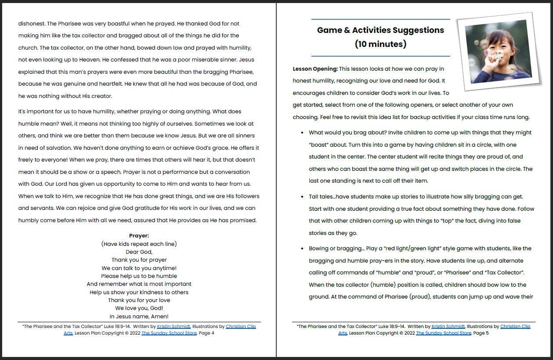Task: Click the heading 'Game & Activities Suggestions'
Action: click(380, 30)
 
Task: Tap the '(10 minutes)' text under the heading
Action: click(380, 44)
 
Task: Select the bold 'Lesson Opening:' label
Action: click(315, 69)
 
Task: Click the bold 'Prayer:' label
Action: click(139, 236)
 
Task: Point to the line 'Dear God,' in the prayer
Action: click(139, 252)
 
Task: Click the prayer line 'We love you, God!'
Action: click(139, 308)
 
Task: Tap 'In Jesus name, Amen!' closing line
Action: click(139, 316)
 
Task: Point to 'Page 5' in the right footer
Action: click(481, 333)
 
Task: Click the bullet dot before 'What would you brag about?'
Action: click(302, 133)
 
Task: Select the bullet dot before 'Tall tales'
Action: click(302, 197)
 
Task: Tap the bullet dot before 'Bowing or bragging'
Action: click(302, 248)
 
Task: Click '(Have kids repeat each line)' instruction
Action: click(139, 244)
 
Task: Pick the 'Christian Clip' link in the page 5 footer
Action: click(515, 327)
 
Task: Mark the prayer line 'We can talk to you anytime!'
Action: click(139, 268)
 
